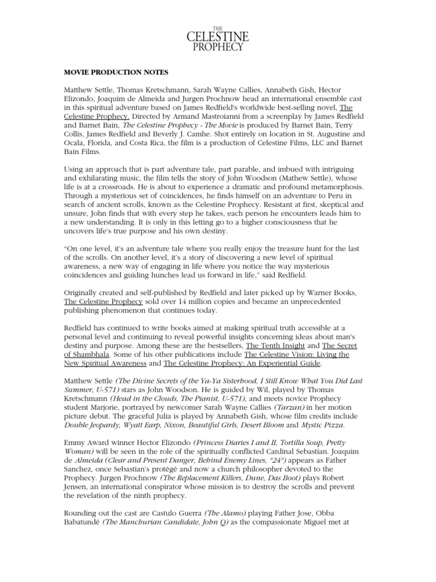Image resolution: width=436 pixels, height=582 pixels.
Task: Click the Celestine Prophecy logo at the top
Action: pyautogui.click(x=218, y=38)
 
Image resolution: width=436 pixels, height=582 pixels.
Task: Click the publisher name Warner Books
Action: pyautogui.click(x=329, y=293)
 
